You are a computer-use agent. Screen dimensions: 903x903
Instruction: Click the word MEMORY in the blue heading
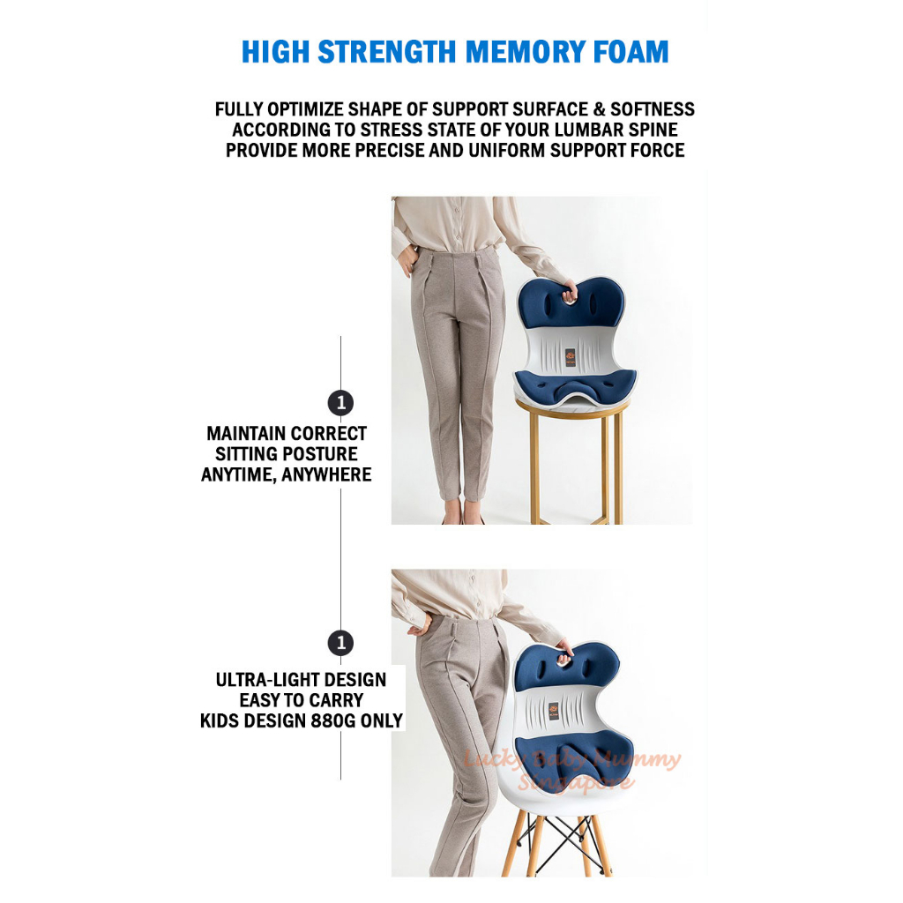(x=526, y=52)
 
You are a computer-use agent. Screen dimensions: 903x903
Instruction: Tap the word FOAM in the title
(x=631, y=52)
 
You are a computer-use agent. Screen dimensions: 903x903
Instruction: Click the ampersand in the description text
(x=599, y=109)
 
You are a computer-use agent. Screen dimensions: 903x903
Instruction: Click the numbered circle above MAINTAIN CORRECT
(x=340, y=403)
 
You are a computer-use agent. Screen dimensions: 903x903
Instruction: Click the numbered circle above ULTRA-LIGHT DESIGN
(x=340, y=643)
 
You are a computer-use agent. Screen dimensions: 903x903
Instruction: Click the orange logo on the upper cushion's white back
(x=571, y=357)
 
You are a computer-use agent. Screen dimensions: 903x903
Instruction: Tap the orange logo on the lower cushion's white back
(x=554, y=711)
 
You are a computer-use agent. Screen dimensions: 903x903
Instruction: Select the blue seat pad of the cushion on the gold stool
(x=575, y=385)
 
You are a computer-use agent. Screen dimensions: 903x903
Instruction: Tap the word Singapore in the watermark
(x=576, y=783)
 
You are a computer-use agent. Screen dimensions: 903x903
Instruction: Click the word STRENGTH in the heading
(x=387, y=52)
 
